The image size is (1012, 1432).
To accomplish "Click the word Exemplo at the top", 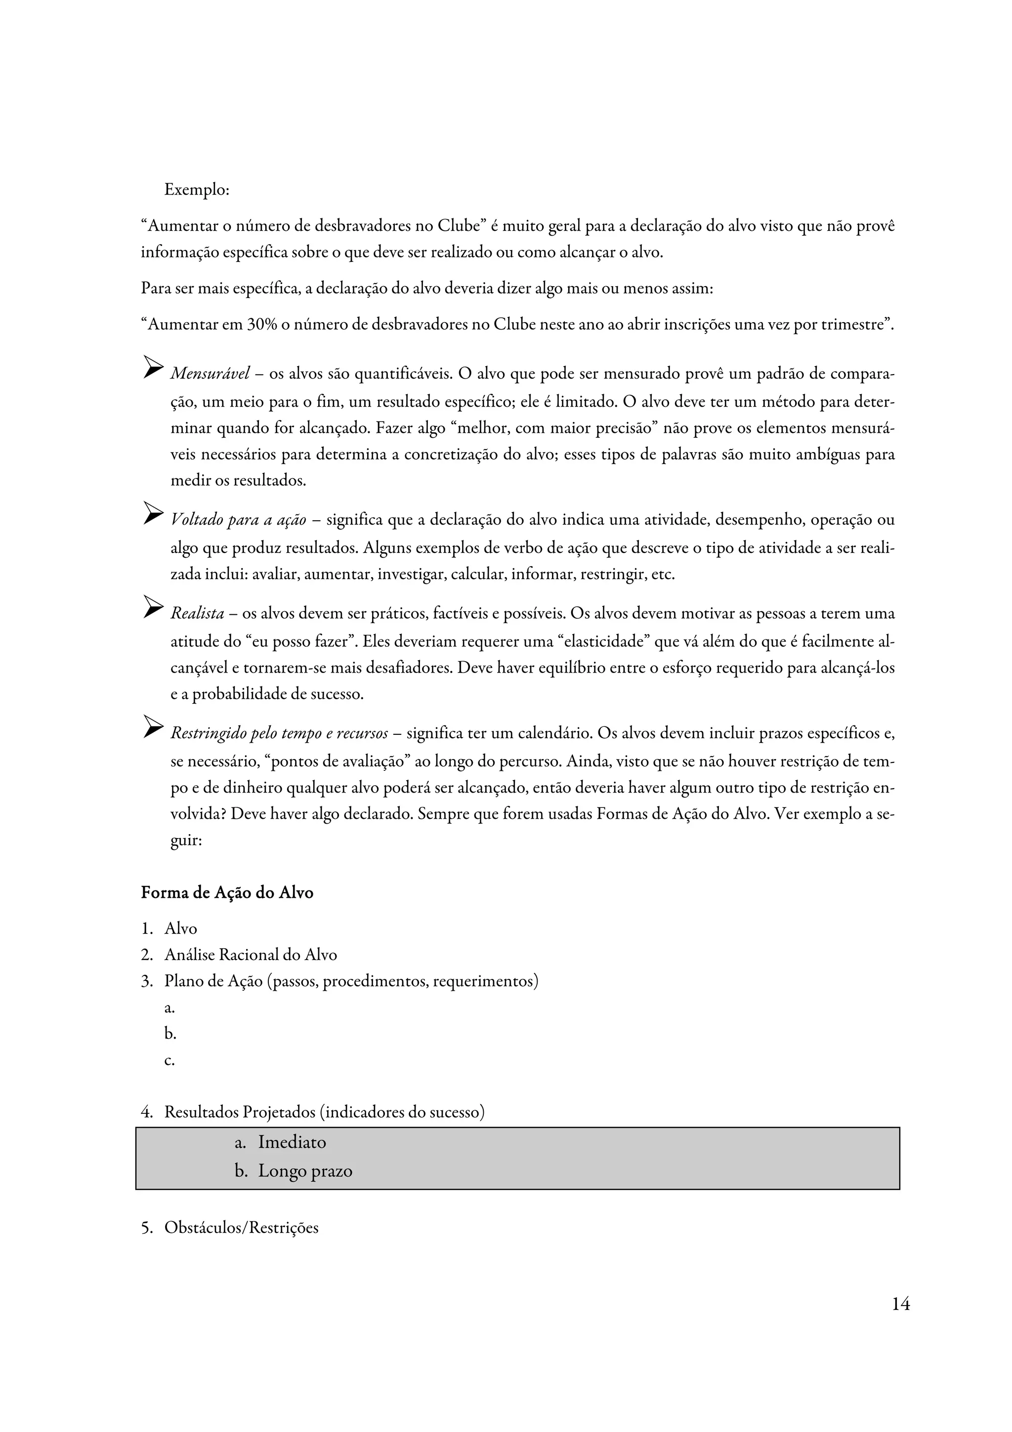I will (x=196, y=190).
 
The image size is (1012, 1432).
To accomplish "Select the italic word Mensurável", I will (x=210, y=374).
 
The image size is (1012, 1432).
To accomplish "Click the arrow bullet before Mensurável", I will (x=153, y=367).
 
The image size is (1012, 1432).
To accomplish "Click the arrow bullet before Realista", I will (x=153, y=607).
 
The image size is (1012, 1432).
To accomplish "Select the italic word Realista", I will (x=197, y=614).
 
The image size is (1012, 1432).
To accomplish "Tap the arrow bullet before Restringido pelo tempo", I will (x=153, y=726).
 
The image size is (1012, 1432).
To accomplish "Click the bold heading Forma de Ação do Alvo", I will (x=227, y=893).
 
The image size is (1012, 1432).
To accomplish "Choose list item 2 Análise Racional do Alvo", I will (x=250, y=955).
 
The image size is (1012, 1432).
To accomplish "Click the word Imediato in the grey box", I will (x=292, y=1142).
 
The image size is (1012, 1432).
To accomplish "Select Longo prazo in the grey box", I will (x=305, y=1171).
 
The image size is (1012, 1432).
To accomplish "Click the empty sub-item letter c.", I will (x=169, y=1060).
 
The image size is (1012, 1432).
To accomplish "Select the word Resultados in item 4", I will (x=202, y=1112).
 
